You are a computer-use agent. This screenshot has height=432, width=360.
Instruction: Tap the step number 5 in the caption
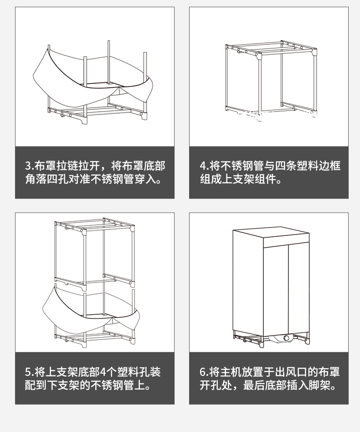[x=28, y=372]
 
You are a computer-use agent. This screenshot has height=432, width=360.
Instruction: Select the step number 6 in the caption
[x=203, y=372]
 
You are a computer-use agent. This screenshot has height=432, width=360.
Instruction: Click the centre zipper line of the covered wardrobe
[x=288, y=287]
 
